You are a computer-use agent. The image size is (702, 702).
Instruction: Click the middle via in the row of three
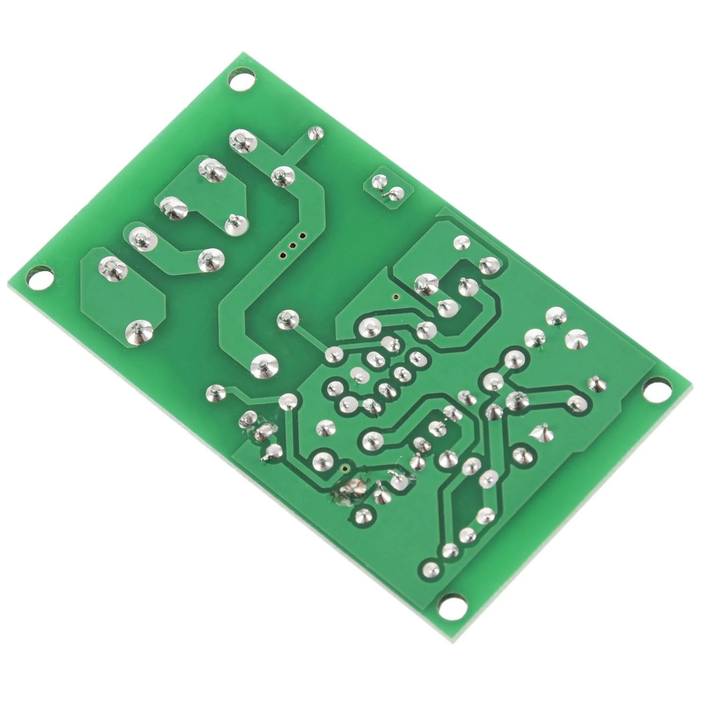point(293,245)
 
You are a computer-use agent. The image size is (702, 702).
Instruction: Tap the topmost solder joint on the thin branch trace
point(315,134)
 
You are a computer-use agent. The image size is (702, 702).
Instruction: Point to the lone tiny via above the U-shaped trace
point(395,296)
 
